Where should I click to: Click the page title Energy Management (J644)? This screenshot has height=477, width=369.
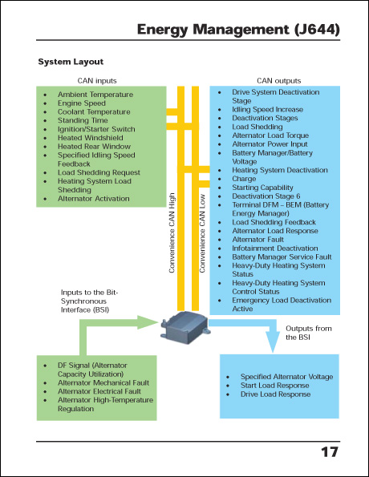[x=238, y=30]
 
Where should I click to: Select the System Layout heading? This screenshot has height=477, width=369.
[x=71, y=62]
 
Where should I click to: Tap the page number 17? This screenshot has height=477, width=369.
[x=329, y=453]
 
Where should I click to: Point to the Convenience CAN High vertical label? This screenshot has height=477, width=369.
[x=172, y=232]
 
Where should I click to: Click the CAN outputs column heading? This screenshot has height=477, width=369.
[x=278, y=81]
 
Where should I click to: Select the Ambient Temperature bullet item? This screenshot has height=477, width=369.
[x=94, y=95]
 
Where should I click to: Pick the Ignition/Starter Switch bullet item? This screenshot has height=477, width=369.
[x=96, y=129]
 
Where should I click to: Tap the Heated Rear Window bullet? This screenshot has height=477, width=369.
[x=94, y=147]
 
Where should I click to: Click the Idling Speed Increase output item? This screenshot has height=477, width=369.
[x=267, y=110]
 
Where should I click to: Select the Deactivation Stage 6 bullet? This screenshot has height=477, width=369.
[x=266, y=196]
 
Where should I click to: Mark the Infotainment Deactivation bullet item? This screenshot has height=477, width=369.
[x=275, y=249]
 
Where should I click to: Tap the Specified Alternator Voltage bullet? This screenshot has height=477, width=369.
[x=286, y=377]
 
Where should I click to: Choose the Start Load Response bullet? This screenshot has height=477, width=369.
[x=275, y=386]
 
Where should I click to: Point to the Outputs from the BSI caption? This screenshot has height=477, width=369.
[x=310, y=333]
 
